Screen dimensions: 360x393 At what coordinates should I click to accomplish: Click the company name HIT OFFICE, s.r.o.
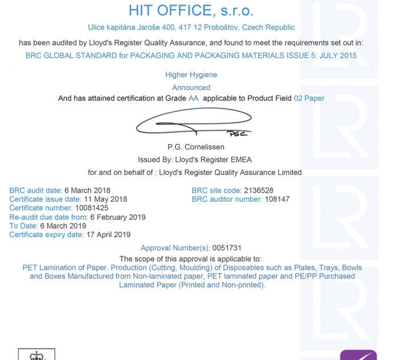tap(191, 10)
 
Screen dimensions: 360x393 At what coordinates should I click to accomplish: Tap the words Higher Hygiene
tap(191, 75)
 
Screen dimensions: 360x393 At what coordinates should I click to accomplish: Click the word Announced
tap(191, 87)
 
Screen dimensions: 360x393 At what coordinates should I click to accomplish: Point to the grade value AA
tap(194, 98)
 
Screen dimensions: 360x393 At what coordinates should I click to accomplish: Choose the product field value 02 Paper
tap(309, 98)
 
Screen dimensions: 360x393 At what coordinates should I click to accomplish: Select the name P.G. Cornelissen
tap(196, 147)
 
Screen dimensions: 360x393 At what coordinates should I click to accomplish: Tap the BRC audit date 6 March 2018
tap(87, 190)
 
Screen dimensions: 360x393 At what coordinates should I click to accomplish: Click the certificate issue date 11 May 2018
tap(105, 199)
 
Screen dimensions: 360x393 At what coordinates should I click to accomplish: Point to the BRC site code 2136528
tap(258, 190)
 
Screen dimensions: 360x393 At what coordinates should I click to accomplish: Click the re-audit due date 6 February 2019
tap(118, 217)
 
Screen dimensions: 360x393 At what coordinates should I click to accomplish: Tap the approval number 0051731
tap(227, 248)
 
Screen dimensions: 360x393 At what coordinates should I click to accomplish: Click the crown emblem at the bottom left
tap(36, 355)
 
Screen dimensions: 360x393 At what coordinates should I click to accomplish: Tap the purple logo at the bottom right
tap(358, 355)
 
